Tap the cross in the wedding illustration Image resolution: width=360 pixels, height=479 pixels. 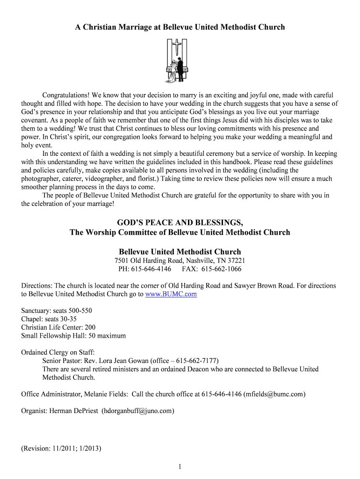[x=178, y=47]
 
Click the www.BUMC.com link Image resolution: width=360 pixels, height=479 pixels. [x=171, y=294]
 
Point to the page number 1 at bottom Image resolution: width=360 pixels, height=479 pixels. [x=180, y=466]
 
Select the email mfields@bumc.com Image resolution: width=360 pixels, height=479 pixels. [x=275, y=394]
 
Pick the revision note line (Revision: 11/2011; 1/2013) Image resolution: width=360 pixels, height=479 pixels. [x=61, y=448]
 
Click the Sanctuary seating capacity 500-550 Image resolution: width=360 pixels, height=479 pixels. [x=68, y=311]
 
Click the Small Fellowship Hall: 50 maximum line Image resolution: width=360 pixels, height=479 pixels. [x=73, y=335]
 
